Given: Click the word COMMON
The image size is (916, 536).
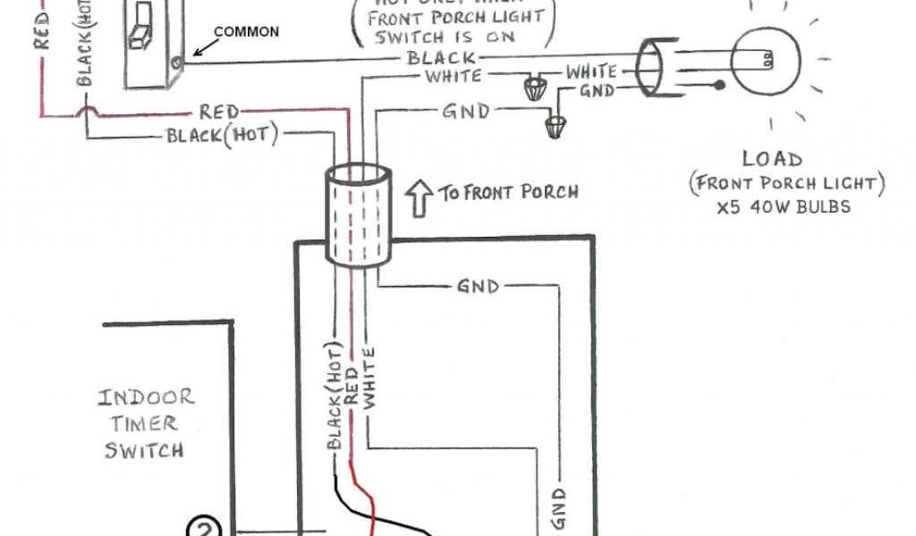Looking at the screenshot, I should (246, 32).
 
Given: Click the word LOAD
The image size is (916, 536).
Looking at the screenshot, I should (772, 160).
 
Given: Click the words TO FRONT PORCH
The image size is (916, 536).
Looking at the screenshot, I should (508, 191).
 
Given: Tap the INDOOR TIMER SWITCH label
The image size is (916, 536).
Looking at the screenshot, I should (146, 423).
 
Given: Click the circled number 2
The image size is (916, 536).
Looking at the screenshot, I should (203, 529).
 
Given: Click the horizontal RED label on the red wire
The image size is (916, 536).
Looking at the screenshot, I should (219, 112).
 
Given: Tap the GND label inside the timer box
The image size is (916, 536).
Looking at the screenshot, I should (478, 287).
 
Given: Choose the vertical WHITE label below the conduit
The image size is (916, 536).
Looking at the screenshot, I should (369, 378).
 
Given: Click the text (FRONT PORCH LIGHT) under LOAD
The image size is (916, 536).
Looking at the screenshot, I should (787, 184).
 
